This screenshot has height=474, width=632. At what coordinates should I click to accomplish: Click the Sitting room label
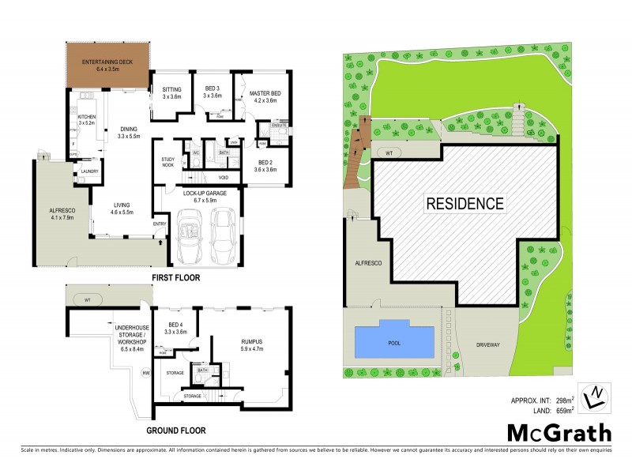[171, 91]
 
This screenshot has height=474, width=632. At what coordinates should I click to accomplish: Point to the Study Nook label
[167, 164]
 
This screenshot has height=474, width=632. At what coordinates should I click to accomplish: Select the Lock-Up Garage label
[205, 196]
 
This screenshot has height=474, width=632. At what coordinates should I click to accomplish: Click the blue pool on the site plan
[395, 340]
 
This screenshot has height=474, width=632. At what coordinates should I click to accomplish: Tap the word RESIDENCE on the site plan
[465, 203]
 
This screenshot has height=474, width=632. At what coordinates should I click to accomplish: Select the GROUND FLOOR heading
[175, 431]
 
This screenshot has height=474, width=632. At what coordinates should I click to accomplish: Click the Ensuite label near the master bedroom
[278, 125]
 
